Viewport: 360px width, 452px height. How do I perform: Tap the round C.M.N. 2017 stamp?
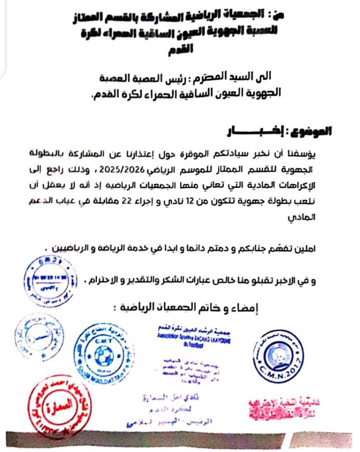pyautogui.click(x=279, y=356)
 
